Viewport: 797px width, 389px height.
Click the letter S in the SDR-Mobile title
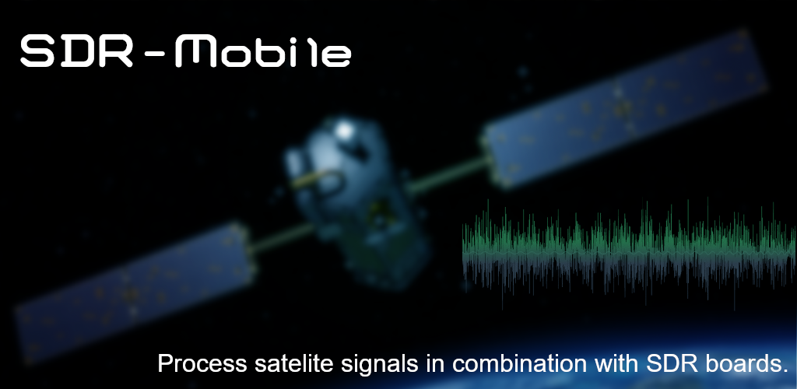click(37, 51)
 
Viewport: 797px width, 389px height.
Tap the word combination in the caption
click(521, 363)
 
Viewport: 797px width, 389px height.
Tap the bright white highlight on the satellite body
click(344, 130)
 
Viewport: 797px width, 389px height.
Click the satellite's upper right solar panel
click(624, 109)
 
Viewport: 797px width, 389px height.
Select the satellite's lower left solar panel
click(135, 292)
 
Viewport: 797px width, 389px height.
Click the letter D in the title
click(76, 51)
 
